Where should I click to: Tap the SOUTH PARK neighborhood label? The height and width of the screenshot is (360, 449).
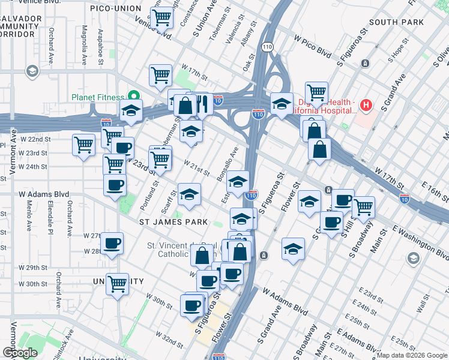397,22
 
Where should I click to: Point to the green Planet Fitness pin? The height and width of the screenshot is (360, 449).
134,96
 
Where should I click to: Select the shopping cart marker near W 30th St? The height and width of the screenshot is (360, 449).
118,283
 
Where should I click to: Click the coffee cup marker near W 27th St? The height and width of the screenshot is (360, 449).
112,243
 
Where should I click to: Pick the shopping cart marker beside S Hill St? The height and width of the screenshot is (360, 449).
363,207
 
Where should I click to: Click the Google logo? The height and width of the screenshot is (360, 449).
19,353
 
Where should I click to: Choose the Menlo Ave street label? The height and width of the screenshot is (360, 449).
29,216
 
